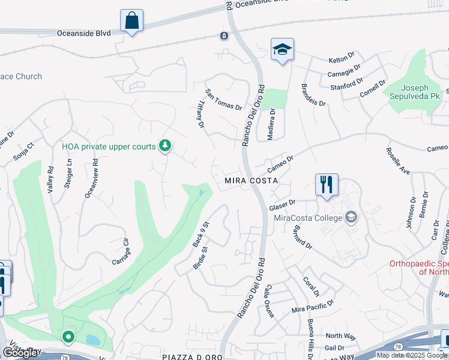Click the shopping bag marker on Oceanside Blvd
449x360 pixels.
[x=132, y=21]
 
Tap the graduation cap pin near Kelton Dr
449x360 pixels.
[x=281, y=50]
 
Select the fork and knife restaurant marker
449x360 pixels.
[x=327, y=185]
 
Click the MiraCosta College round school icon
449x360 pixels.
[x=351, y=217]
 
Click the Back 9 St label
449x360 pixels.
[x=200, y=235]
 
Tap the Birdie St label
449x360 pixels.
[x=200, y=257]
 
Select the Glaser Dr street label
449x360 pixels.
[x=283, y=205]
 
